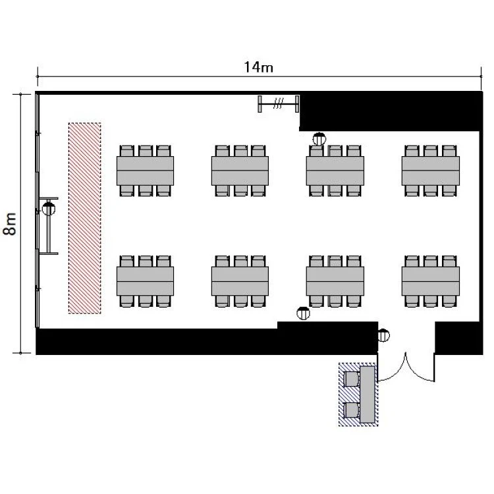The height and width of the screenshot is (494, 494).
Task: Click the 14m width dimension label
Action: pos(259,67)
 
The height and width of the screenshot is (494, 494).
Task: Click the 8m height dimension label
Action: pos(9,224)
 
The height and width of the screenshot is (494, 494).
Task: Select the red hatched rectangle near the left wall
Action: pos(85,218)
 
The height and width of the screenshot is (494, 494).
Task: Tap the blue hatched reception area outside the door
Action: pos(358,394)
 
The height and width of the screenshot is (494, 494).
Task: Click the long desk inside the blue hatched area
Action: pos(368,394)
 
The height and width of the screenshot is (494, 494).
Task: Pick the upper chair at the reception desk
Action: pos(351,379)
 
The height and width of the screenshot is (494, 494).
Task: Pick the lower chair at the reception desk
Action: pos(351,410)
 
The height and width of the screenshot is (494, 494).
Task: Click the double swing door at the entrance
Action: pos(406,367)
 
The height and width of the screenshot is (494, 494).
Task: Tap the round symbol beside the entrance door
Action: pos(383,335)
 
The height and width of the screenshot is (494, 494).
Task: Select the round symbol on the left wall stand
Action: pos(49,209)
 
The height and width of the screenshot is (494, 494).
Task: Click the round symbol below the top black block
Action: pos(319,138)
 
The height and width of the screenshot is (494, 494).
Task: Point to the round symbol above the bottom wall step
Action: pos(304,313)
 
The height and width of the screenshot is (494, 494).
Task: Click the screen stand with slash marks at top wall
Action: pos(279,103)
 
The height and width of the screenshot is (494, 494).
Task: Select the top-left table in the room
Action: pos(146,171)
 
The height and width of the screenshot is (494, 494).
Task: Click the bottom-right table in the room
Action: pos(431,281)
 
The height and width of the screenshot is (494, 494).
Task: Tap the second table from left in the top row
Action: pos(240,171)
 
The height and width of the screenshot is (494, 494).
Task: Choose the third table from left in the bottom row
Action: pos(335,281)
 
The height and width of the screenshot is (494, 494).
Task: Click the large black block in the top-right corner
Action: pos(391,111)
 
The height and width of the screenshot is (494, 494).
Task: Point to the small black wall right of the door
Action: pos(458,338)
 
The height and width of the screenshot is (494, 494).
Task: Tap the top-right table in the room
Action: pos(431,171)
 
